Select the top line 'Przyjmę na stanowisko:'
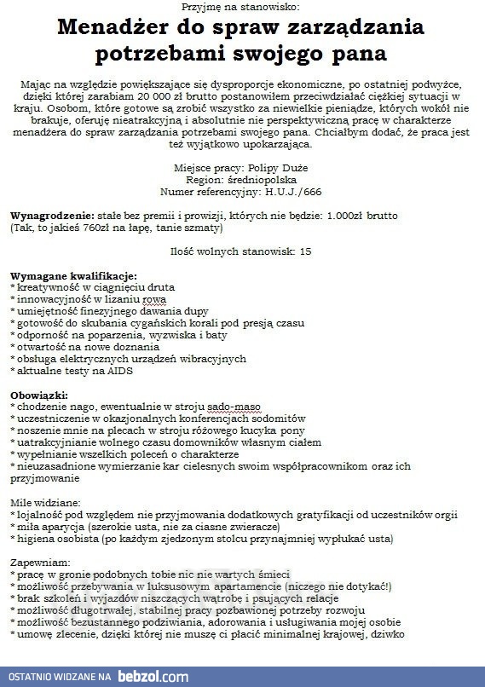pyautogui.click(x=242, y=7)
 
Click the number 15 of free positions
pyautogui.click(x=305, y=252)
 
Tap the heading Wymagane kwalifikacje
pyautogui.click(x=72, y=276)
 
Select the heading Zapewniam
pyautogui.click(x=39, y=563)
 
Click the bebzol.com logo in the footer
pyautogui.click(x=153, y=677)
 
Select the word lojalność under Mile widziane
pyautogui.click(x=40, y=515)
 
